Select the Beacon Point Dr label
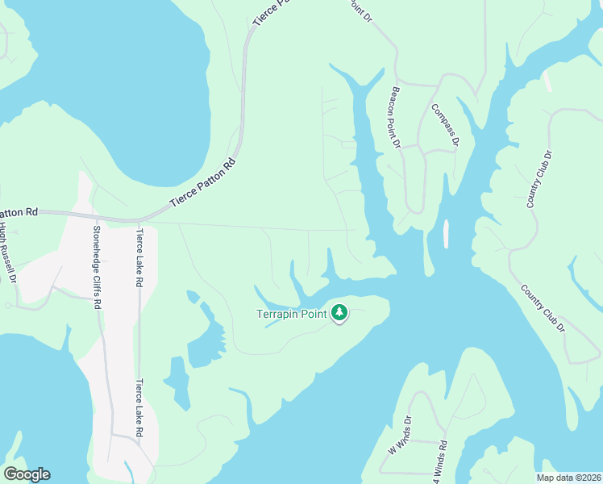[x=395, y=119]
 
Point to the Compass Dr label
[x=445, y=125]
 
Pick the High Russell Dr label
[x=8, y=252]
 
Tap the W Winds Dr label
[x=399, y=436]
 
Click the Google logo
[x=27, y=474]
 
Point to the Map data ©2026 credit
[x=568, y=478]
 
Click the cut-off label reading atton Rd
[x=18, y=212]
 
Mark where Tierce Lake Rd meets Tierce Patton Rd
[x=139, y=220]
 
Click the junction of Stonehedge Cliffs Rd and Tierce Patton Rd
[x=97, y=218]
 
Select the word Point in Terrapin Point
[x=317, y=314]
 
